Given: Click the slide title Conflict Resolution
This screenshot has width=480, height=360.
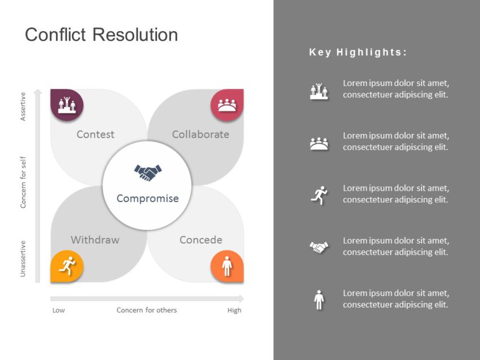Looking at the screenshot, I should (101, 35).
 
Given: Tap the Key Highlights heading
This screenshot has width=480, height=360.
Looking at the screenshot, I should (358, 52).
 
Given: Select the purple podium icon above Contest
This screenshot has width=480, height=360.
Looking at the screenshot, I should (67, 105).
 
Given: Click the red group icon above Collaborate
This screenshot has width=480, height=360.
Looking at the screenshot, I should (227, 105).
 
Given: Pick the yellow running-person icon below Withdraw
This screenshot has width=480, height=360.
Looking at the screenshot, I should (67, 265).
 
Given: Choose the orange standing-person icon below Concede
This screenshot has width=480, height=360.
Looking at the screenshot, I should (227, 265).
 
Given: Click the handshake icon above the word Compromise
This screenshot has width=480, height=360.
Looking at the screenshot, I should (147, 172).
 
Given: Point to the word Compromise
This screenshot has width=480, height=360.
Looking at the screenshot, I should (147, 199).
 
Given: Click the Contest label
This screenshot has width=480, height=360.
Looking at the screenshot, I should (95, 134).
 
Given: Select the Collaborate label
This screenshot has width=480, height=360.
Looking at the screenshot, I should (200, 134).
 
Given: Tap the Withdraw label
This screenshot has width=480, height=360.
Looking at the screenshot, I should (95, 240).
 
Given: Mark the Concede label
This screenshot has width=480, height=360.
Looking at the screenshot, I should (200, 240).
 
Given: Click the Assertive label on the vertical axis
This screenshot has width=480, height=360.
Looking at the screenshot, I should (23, 107).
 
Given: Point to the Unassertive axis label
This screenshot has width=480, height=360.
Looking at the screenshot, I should (23, 258).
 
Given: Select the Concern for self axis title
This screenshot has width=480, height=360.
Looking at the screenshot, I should (23, 182).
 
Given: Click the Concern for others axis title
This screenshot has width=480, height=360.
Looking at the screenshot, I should (146, 310).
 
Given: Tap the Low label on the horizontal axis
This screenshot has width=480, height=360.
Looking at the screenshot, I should (59, 310).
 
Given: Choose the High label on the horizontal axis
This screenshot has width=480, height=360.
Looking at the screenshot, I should (234, 310).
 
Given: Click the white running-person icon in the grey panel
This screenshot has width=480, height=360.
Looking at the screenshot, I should (319, 195).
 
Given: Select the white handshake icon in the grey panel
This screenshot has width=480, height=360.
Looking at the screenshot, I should (319, 247).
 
